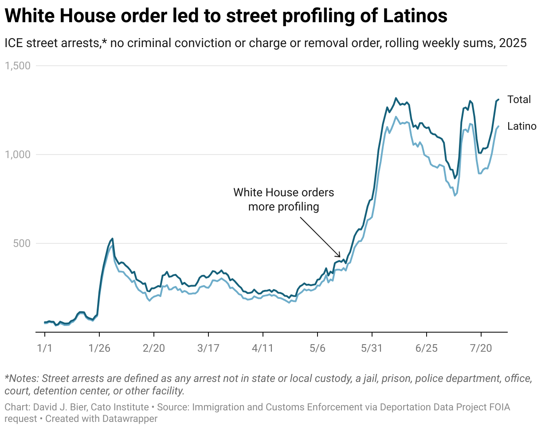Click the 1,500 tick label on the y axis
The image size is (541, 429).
coord(17,66)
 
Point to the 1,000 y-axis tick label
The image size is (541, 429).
coord(17,155)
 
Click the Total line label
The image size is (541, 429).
coord(519,99)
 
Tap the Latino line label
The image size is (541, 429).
coord(522,127)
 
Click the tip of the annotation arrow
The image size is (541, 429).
coord(340,257)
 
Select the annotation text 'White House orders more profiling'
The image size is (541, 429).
coord(284,199)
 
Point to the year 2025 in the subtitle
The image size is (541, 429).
coord(513,44)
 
